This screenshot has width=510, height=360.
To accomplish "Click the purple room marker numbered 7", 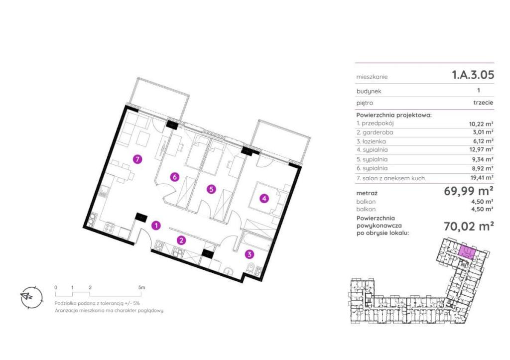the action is point(138,159).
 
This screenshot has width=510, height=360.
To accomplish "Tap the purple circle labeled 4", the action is point(264,198).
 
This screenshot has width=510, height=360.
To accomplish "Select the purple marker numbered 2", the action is point(181,240).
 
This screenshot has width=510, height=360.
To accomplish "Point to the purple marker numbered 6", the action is point(175,177).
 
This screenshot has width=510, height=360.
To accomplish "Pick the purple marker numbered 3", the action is point(250,254).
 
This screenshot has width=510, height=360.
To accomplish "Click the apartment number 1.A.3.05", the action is point(473,75).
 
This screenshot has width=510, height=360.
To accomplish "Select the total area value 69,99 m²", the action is point(469,191).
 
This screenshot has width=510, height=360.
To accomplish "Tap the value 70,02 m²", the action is point(469,226).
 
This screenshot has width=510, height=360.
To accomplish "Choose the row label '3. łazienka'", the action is point(371,141).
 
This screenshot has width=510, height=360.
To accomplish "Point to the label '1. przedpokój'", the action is point(375,123).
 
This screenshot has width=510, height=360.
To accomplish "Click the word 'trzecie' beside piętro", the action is point(483,103).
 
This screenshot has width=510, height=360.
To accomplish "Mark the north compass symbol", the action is point(31,298).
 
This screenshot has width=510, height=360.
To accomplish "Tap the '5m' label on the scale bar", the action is point(141,287).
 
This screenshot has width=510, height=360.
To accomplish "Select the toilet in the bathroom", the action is point(250,268).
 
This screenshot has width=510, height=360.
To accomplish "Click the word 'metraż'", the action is point(367,193).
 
